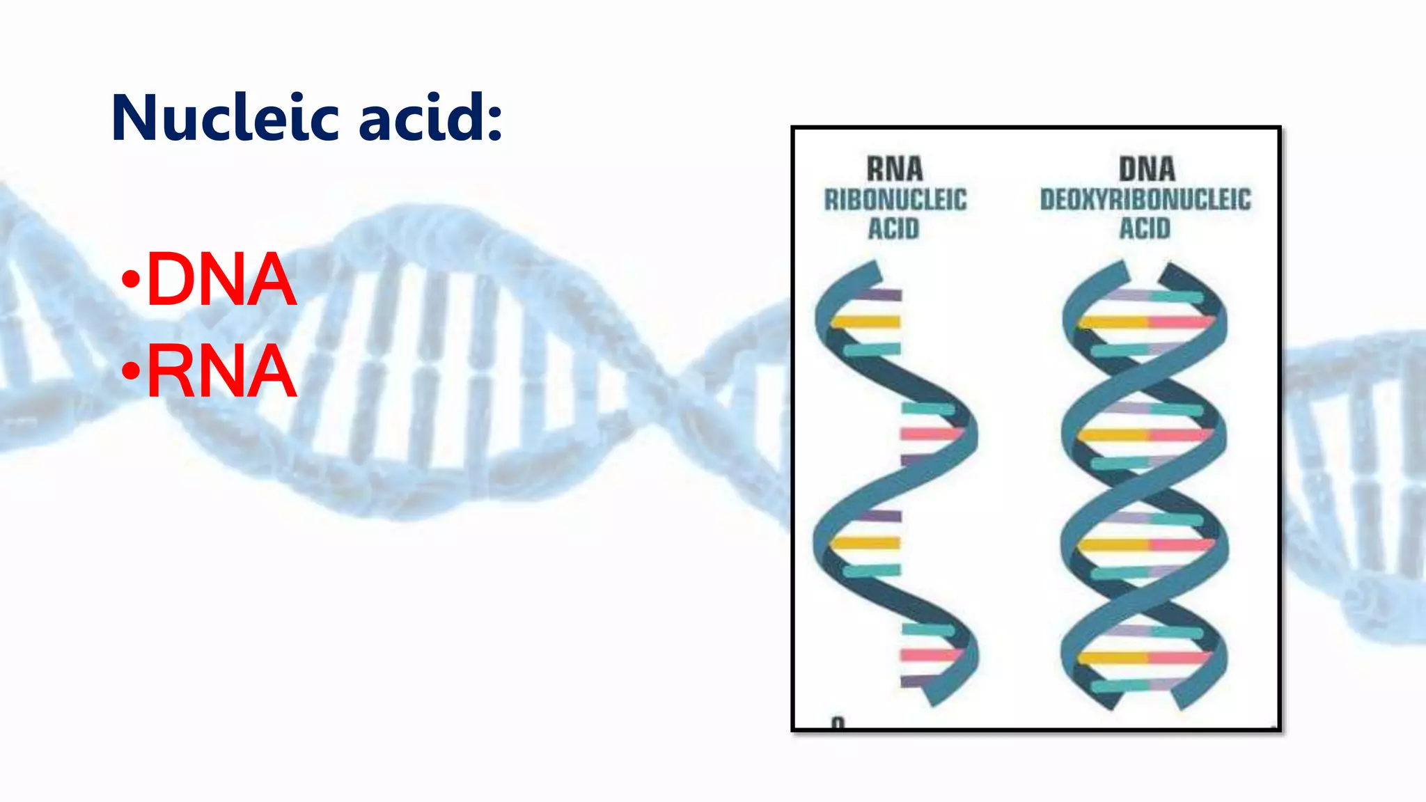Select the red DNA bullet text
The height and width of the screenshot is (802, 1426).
(x=221, y=280)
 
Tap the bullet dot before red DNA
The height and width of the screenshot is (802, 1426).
(x=130, y=281)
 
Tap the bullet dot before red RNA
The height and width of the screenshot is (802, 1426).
(x=130, y=372)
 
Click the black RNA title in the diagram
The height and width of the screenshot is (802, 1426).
(x=895, y=169)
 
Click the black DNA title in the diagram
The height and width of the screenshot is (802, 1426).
(x=1147, y=169)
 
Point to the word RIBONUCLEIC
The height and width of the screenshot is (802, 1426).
(x=895, y=200)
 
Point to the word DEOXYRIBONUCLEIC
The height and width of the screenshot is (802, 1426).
(x=1145, y=200)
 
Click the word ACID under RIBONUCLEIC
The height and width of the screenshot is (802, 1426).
(x=893, y=228)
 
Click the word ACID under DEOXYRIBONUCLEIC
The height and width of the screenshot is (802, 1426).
(x=1145, y=228)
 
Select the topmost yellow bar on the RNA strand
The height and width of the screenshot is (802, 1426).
(x=867, y=322)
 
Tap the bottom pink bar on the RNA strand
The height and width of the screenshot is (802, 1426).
(x=930, y=655)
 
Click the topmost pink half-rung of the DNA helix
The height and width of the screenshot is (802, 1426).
(x=1180, y=322)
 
